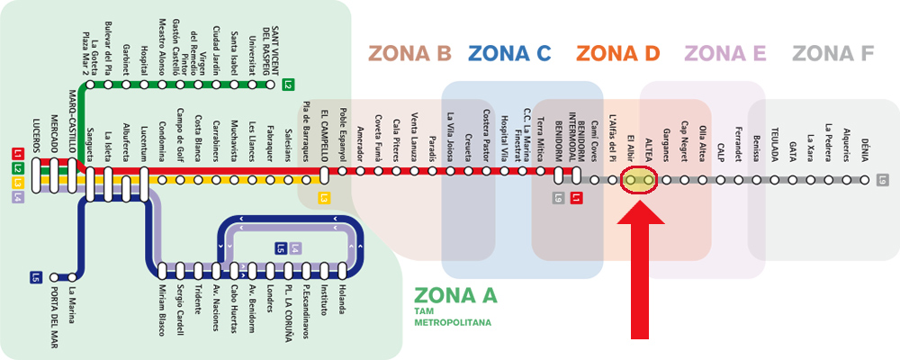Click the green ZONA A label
pyautogui.click(x=454, y=295)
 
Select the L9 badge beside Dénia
pyautogui.click(x=883, y=180)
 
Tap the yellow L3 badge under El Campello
pyautogui.click(x=325, y=197)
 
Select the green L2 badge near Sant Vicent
pyautogui.click(x=288, y=86)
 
